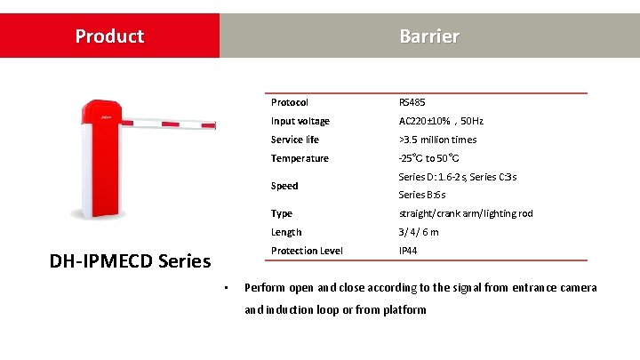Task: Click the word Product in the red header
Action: click(x=109, y=36)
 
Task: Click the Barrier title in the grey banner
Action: click(x=429, y=36)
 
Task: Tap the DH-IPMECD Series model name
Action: click(x=131, y=260)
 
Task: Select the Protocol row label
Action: click(x=290, y=102)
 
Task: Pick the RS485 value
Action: click(x=412, y=102)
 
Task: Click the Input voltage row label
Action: click(x=300, y=121)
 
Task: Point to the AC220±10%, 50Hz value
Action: click(x=441, y=121)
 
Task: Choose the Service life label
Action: click(x=295, y=140)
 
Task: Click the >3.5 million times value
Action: click(x=437, y=140)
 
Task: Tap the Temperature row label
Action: click(x=300, y=158)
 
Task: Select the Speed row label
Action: click(x=284, y=186)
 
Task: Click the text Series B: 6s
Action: click(x=422, y=195)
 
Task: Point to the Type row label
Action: click(x=282, y=213)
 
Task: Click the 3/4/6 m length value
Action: click(x=420, y=232)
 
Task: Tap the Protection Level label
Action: click(x=307, y=251)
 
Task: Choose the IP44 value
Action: click(x=409, y=251)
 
